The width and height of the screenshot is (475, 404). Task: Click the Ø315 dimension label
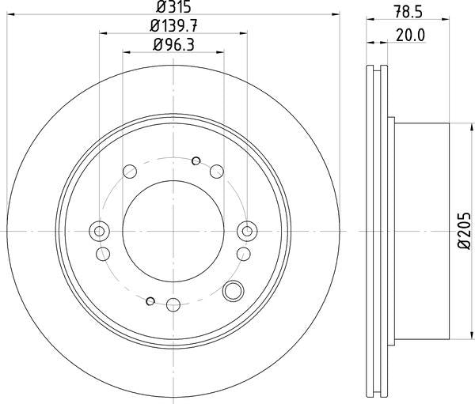tap(174, 6)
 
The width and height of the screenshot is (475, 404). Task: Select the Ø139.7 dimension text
tap(173, 26)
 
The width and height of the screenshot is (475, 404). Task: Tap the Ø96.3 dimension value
tap(173, 45)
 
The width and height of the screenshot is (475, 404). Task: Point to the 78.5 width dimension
tap(408, 13)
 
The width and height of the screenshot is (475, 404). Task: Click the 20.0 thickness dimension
tap(411, 36)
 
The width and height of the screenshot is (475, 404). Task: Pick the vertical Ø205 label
tap(465, 231)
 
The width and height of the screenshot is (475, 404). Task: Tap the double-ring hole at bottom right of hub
tap(233, 291)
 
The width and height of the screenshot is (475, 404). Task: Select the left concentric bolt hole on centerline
tap(99, 231)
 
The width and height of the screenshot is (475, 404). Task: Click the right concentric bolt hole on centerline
tap(247, 231)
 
